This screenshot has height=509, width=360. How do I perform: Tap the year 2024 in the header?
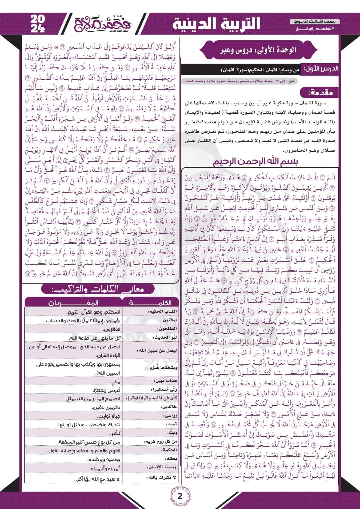tap(38, 24)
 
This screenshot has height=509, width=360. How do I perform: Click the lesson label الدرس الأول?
tap(320, 69)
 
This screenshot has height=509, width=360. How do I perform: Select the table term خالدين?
tap(169, 407)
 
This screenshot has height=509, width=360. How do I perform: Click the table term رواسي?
tap(170, 416)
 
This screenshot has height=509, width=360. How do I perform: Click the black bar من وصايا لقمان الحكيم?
tap(241, 70)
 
